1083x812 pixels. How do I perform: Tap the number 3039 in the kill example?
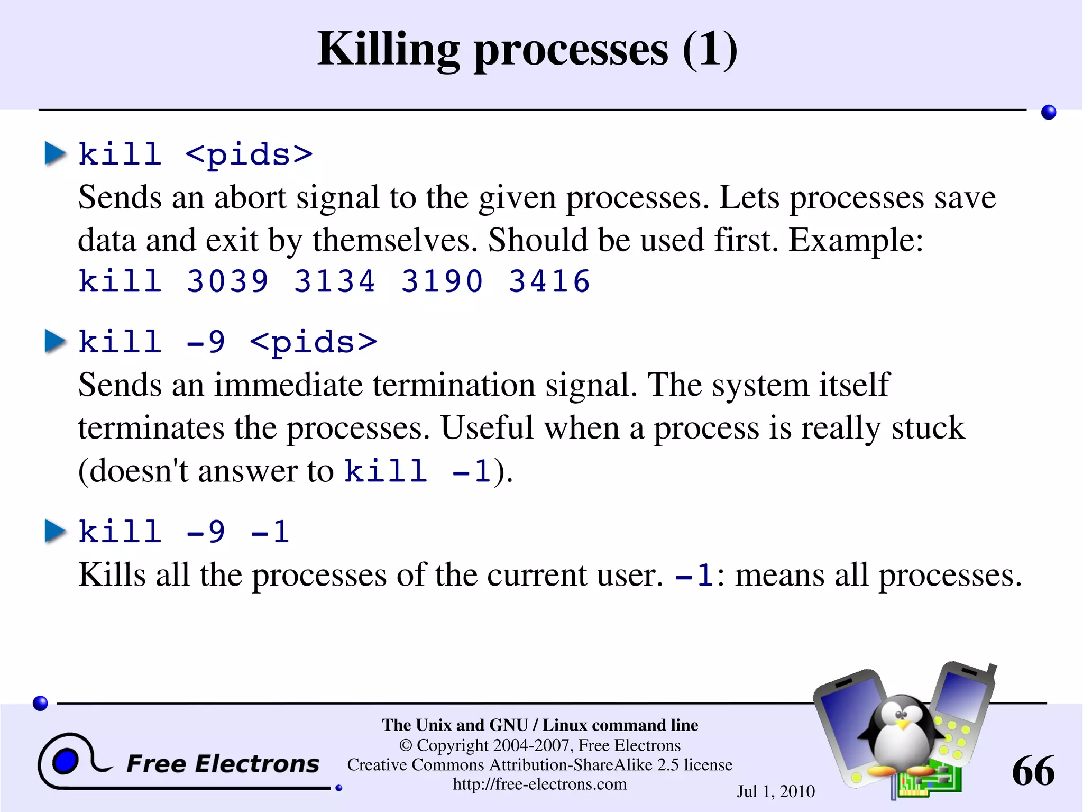click(227, 281)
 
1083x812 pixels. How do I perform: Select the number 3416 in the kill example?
click(549, 281)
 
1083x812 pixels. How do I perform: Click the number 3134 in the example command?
click(335, 281)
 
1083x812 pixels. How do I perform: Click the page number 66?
click(1033, 771)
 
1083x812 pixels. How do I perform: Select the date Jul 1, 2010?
click(776, 791)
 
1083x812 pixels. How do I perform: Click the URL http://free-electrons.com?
click(539, 784)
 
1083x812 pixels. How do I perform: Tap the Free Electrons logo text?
click(223, 764)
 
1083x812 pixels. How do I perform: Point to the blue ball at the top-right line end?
click(1048, 112)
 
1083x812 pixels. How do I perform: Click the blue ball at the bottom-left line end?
click(40, 703)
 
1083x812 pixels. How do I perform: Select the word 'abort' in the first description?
click(250, 198)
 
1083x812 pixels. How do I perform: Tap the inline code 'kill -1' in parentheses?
click(418, 470)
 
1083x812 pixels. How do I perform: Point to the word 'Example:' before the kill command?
click(856, 241)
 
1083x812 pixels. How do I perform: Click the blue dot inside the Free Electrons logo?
click(66, 762)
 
